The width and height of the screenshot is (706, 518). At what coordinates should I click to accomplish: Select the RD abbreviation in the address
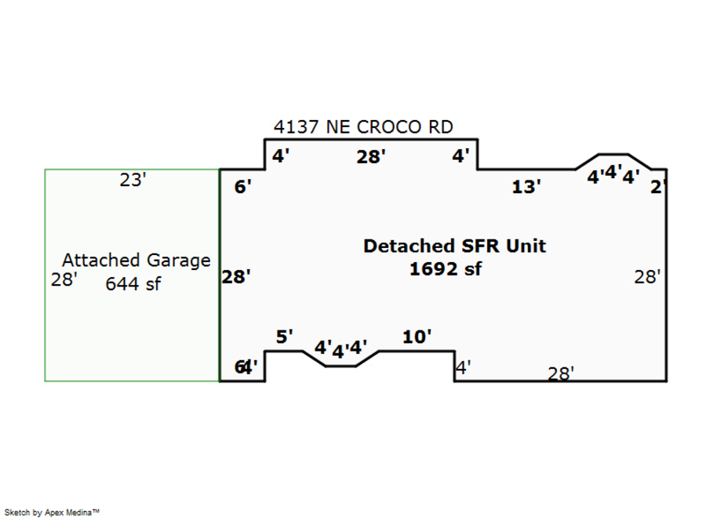(439, 127)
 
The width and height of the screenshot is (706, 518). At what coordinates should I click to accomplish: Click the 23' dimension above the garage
(133, 181)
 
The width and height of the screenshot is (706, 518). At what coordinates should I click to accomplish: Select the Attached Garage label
(136, 260)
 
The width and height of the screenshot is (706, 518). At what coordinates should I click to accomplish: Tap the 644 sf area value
(133, 283)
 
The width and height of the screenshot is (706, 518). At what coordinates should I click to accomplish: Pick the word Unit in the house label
(526, 246)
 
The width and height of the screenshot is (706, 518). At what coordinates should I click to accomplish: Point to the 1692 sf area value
(445, 269)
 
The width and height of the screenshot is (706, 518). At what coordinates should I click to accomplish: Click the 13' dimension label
(526, 187)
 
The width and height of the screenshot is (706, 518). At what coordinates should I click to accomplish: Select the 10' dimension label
(417, 337)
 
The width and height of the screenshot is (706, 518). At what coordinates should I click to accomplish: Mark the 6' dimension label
(243, 187)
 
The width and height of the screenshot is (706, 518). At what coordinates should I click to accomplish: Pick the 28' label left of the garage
(64, 280)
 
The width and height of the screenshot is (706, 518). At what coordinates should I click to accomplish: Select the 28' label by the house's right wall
(647, 276)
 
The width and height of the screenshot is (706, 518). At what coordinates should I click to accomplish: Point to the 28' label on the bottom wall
(561, 374)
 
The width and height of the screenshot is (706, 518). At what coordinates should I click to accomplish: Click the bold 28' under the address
(370, 157)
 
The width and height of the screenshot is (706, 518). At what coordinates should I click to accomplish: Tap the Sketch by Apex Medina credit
(52, 512)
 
